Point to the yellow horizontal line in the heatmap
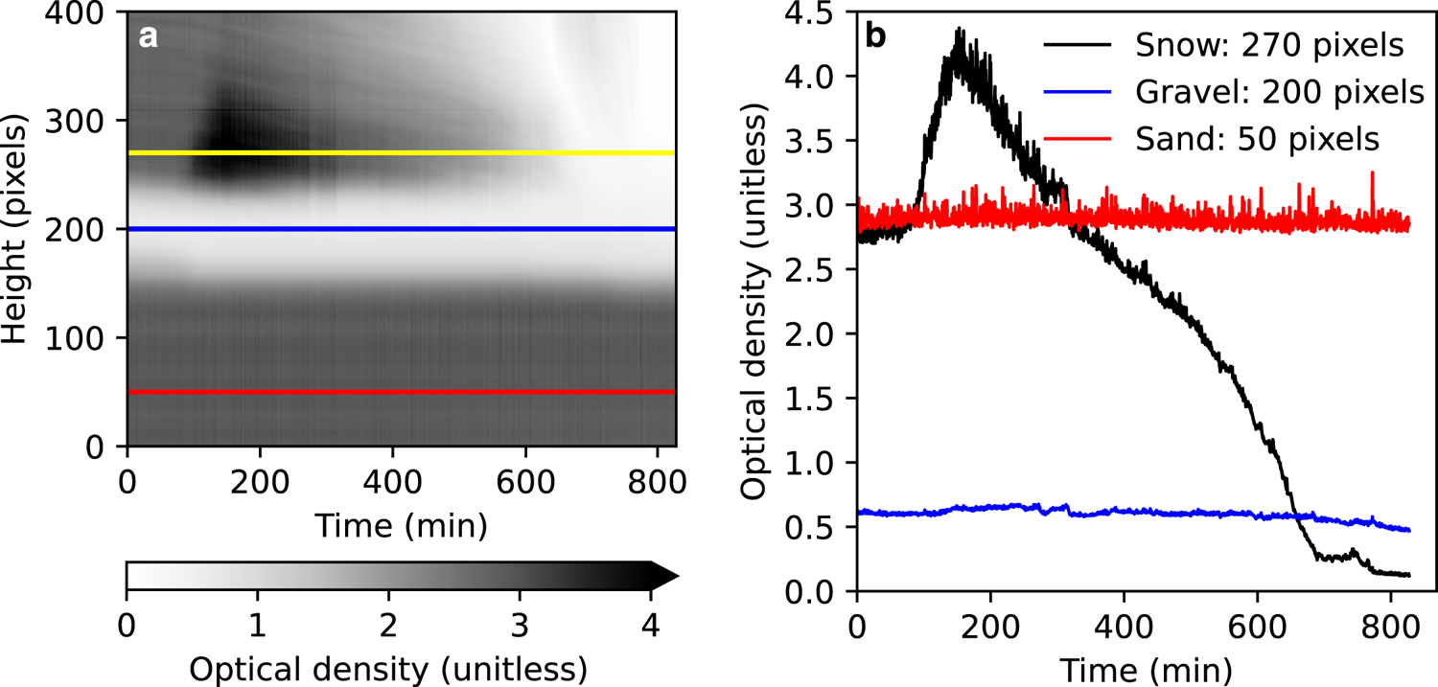(x=403, y=152)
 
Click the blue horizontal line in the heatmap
(x=403, y=229)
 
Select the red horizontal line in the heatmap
(x=403, y=392)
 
